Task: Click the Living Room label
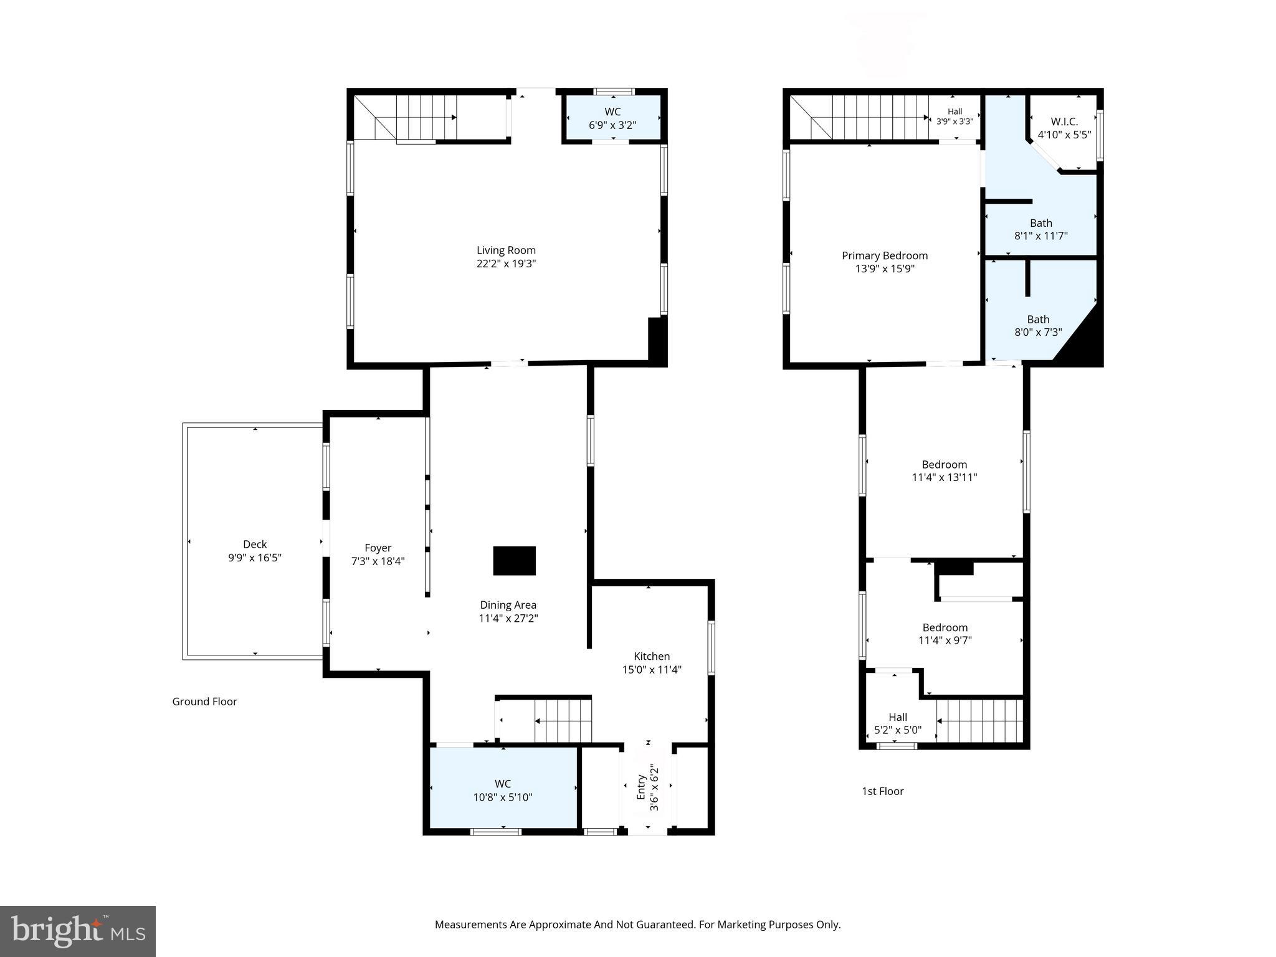point(506,250)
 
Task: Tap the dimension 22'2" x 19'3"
point(506,264)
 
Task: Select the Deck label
point(255,544)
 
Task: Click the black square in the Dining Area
point(514,560)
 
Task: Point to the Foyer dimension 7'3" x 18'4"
point(378,561)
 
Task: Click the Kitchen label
point(652,656)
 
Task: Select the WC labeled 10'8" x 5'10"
point(503,790)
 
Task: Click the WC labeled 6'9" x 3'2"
point(612,118)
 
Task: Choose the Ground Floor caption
point(204,702)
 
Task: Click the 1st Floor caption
point(882,791)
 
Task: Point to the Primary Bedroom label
point(885,255)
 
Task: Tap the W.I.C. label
point(1064,121)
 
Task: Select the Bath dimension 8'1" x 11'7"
point(1041,236)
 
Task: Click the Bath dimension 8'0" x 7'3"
point(1038,333)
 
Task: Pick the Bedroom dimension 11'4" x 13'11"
point(945,478)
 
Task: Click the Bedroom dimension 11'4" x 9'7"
point(945,640)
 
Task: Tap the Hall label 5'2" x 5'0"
point(898,723)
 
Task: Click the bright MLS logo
point(78,931)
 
